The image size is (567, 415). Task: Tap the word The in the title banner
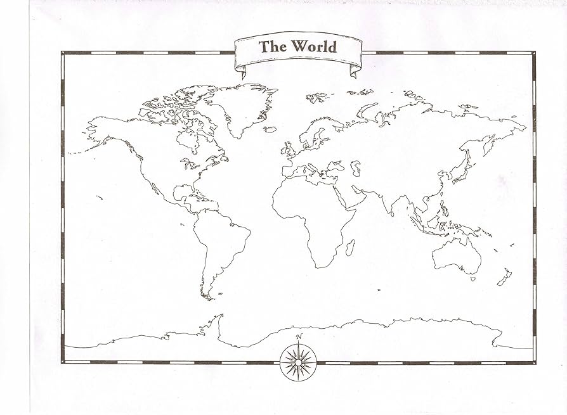(274, 47)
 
